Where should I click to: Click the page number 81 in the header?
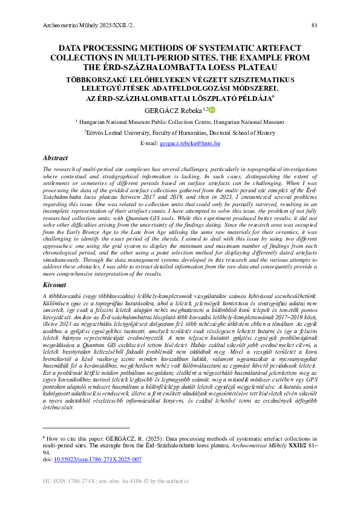click(314, 25)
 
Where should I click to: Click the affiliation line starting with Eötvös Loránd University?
click(180, 132)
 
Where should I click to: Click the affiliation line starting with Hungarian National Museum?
click(180, 122)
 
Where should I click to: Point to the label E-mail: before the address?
click(149, 143)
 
